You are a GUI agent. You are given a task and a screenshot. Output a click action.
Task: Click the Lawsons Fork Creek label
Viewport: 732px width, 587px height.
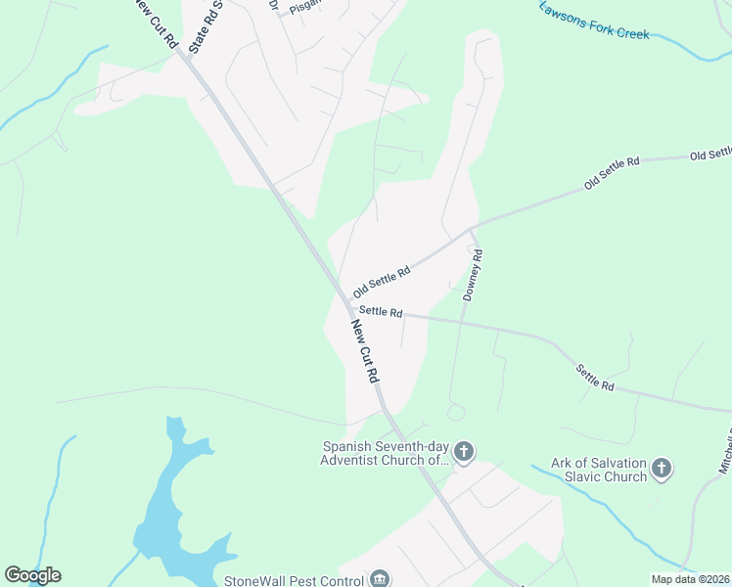point(594,20)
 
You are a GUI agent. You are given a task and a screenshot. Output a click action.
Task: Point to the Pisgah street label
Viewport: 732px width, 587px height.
point(304,6)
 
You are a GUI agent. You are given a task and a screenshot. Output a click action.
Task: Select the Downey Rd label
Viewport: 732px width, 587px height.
point(474,275)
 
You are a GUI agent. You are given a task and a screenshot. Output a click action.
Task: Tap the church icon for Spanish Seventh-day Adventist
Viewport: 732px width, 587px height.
point(464,452)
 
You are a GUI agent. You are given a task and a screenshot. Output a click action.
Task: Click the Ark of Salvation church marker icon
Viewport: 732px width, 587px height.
point(663,469)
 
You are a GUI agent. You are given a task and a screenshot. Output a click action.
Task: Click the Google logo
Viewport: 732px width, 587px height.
point(32,575)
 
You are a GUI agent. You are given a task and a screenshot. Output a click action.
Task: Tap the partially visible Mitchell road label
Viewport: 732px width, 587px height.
point(725,451)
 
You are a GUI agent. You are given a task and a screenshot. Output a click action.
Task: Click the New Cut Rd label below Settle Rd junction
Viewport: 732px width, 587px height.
point(365,350)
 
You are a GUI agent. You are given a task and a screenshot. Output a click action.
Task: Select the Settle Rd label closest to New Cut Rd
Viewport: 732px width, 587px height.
point(381,312)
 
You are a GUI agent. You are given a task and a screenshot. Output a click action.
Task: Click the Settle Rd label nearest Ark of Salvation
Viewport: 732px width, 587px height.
point(594,378)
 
